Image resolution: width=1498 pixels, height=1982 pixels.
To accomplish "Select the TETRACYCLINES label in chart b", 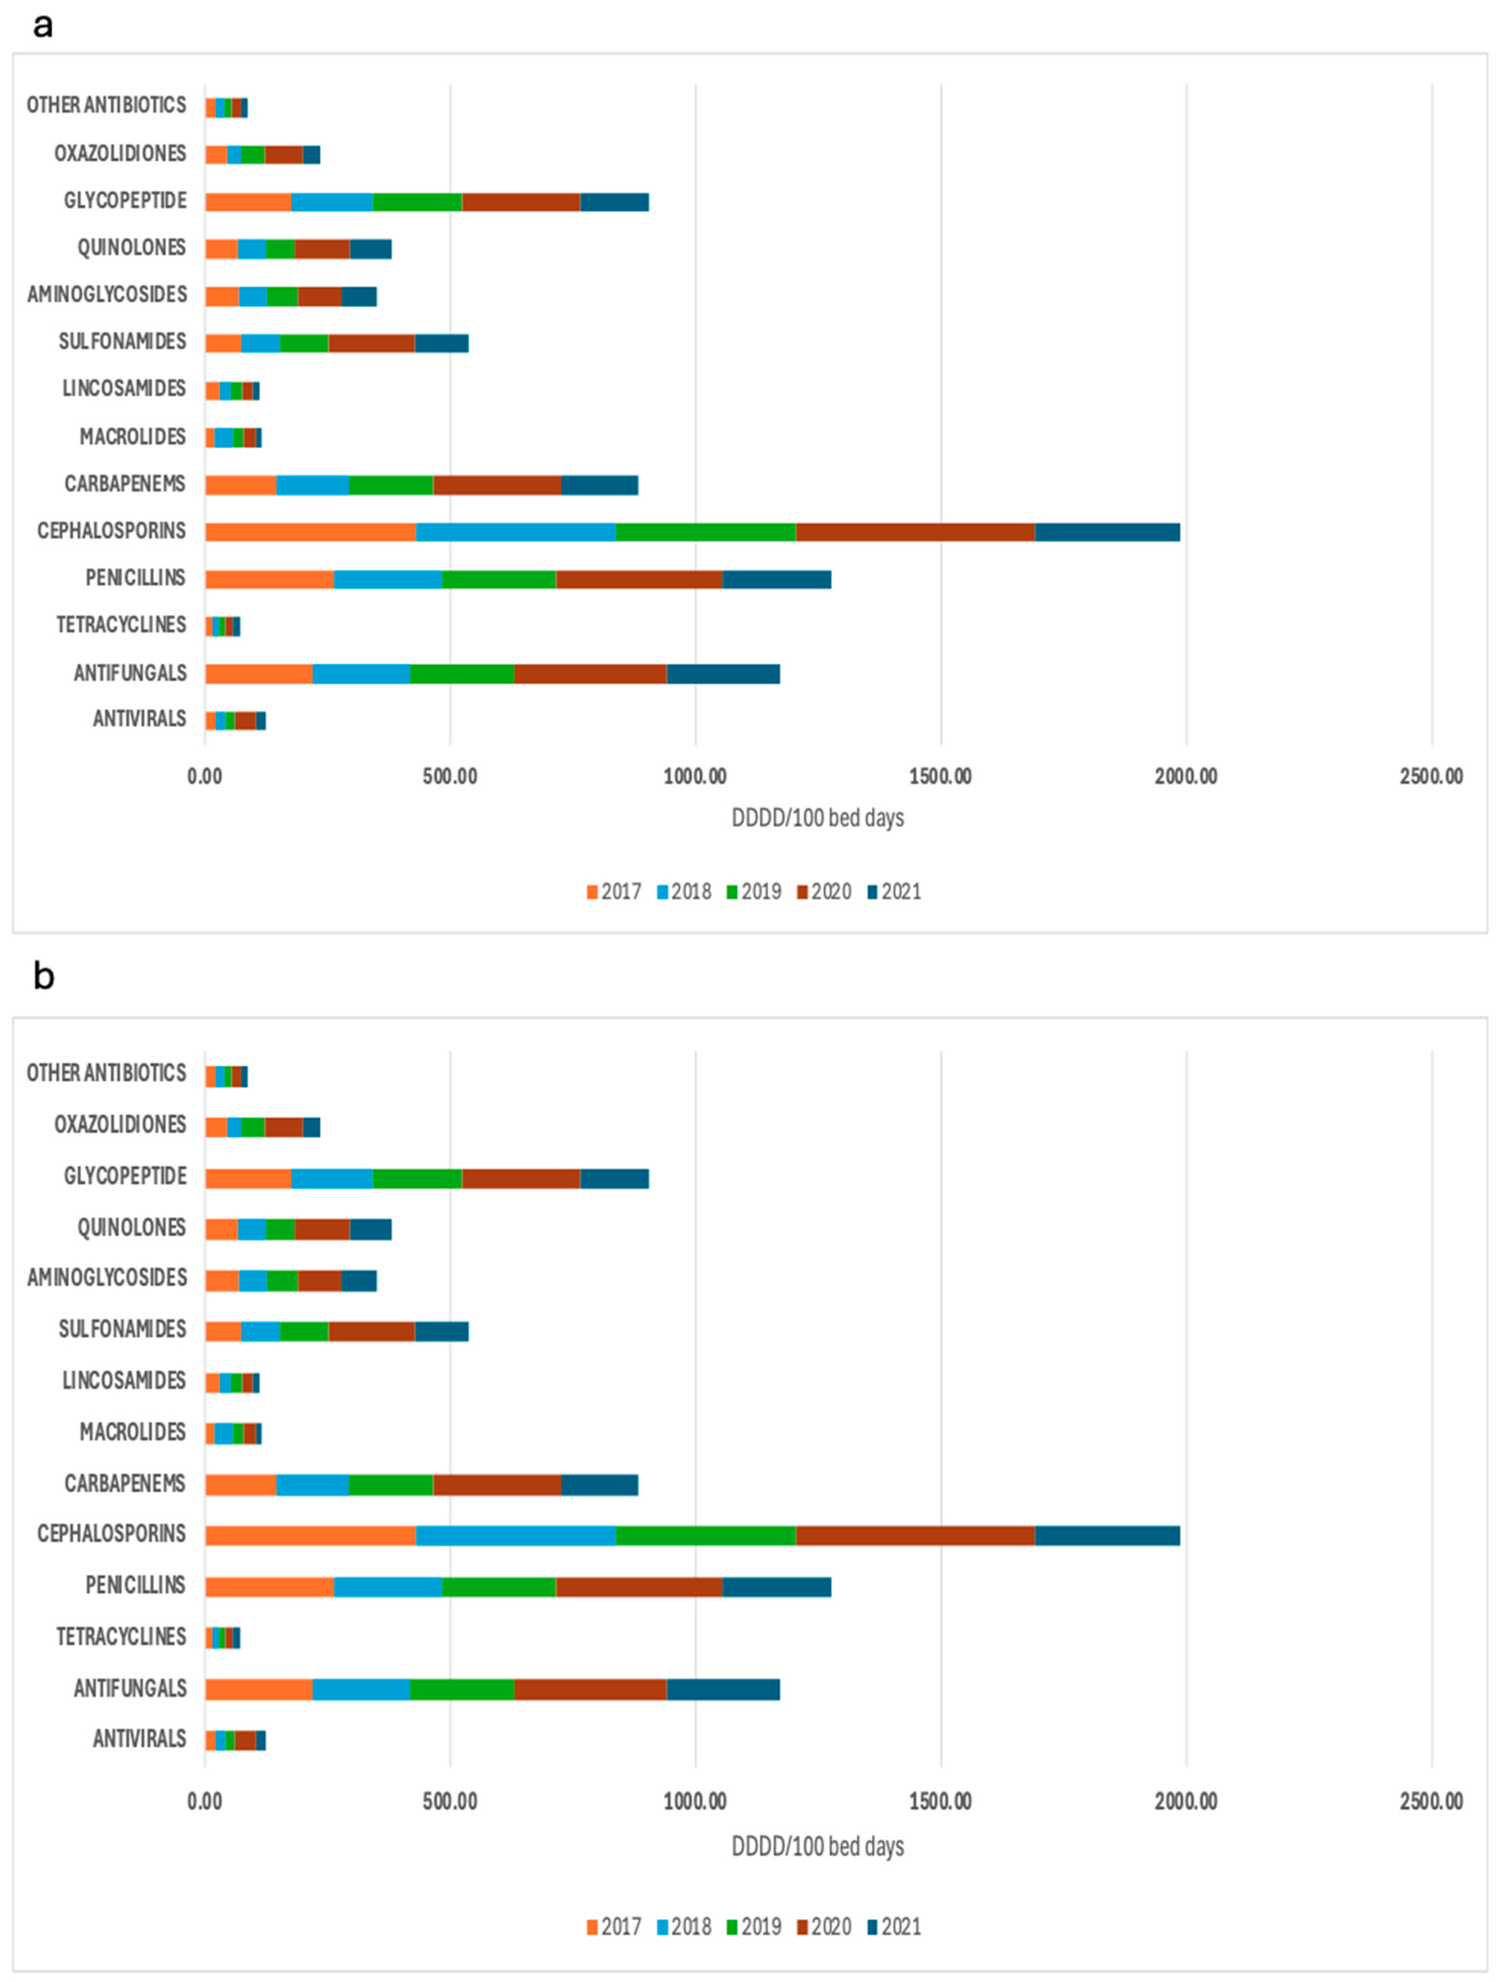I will pyautogui.click(x=121, y=1637).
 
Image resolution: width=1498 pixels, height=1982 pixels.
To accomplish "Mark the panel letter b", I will pyautogui.click(x=43, y=976).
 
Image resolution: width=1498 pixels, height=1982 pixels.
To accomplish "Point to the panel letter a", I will pyautogui.click(x=42, y=25).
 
